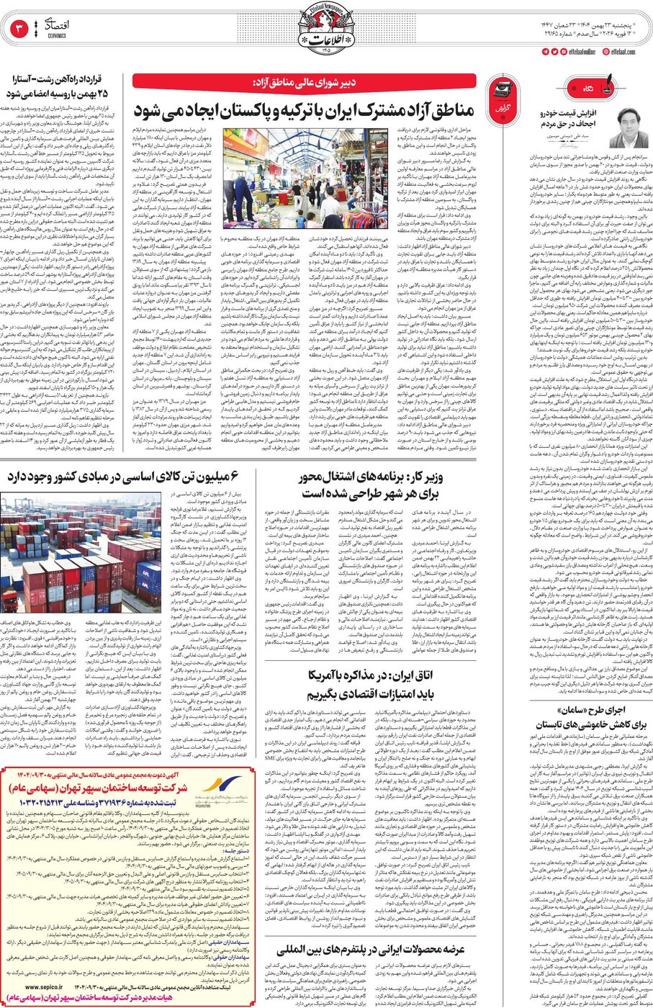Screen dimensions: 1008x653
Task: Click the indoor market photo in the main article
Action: (304, 179)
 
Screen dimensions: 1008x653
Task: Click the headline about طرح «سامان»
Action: (591, 716)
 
